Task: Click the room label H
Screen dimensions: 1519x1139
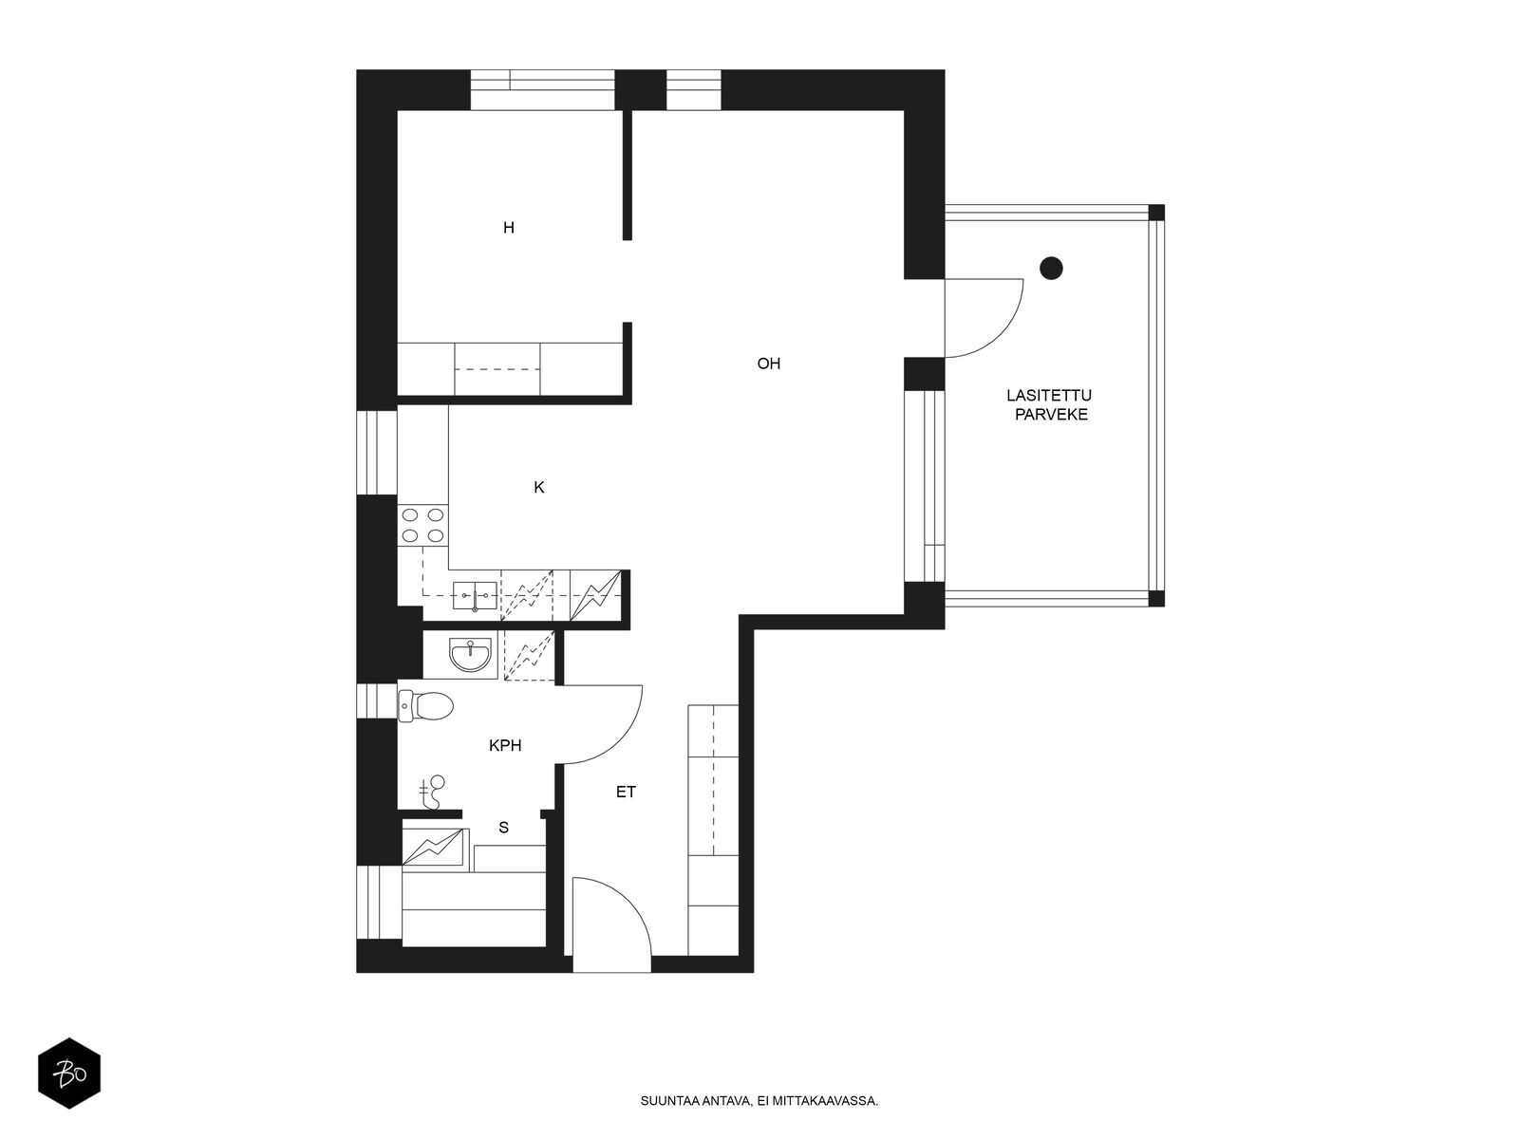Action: click(509, 228)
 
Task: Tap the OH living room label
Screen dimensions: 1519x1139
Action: click(768, 364)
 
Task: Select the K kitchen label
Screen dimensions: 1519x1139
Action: click(539, 488)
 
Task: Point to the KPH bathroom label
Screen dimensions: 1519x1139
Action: click(505, 745)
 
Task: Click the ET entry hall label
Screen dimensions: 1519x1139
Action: click(626, 793)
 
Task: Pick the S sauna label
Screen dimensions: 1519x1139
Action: click(504, 827)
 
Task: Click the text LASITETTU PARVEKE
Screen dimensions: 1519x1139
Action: click(1049, 405)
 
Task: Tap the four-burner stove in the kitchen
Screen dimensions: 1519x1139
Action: click(422, 525)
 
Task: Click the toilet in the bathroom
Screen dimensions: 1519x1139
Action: click(425, 706)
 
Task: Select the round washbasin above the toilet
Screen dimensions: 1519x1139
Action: click(471, 655)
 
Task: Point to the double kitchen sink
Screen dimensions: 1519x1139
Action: click(475, 595)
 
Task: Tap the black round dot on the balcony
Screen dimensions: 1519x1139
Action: click(1051, 268)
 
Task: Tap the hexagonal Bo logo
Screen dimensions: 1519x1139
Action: click(69, 1074)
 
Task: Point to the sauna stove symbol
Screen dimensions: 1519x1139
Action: click(434, 848)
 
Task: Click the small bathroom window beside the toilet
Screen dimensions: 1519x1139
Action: click(377, 702)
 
